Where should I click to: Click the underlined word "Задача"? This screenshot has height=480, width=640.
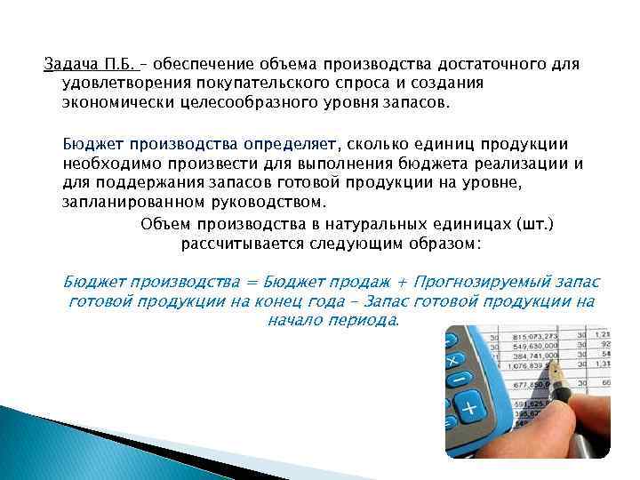tap(69, 65)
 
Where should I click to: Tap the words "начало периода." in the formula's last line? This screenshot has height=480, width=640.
tap(333, 319)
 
